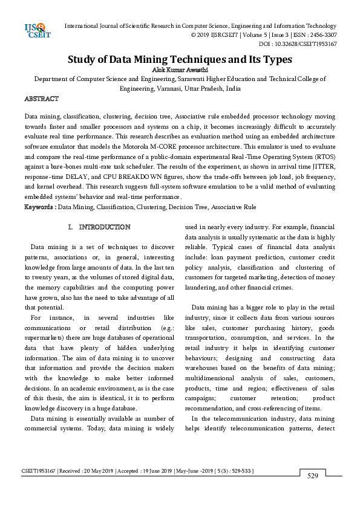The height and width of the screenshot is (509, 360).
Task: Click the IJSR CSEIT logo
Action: [35, 30]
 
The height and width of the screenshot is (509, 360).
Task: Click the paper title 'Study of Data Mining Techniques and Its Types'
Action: [180, 59]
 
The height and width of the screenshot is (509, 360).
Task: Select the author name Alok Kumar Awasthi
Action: [180, 70]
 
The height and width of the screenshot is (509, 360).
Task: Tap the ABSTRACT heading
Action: [41, 98]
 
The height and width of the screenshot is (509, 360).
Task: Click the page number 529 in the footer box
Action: [313, 476]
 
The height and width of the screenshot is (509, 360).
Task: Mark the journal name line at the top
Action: [200, 26]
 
